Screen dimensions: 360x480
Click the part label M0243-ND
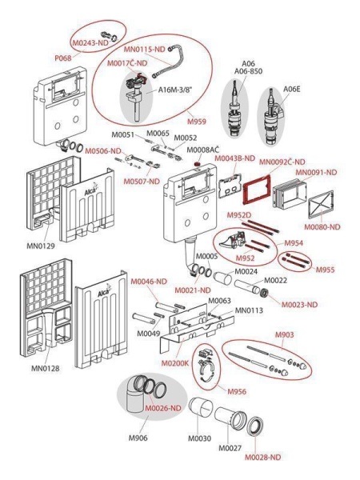coord(90,43)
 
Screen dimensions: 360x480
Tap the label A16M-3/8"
coord(174,90)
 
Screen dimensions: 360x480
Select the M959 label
coord(197,122)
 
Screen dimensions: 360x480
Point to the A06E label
coord(291,89)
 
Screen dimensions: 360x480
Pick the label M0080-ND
coord(322,227)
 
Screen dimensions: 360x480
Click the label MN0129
coord(41,246)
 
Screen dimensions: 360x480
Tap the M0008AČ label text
coord(203,150)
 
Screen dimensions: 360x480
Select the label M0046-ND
coord(149,282)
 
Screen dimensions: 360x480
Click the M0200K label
coord(175,363)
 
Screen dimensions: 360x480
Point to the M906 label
coord(138,438)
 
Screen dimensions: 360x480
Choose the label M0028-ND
coord(263,458)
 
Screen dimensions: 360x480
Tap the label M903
coord(284,334)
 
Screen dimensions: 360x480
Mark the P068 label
coord(62,58)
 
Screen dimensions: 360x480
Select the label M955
coord(326,270)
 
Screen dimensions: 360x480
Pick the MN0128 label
coord(46,368)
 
